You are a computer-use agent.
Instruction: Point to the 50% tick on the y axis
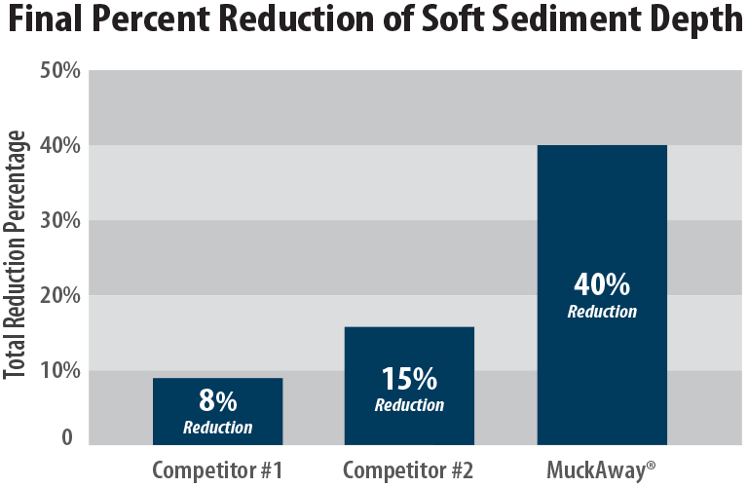tap(59, 71)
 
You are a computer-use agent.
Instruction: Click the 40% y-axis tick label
tap(59, 146)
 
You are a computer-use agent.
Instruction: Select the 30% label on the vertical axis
tap(59, 221)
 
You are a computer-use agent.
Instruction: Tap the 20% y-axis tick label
tap(59, 295)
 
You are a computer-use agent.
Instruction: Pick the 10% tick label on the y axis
tap(59, 370)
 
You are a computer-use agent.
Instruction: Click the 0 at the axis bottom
tap(67, 437)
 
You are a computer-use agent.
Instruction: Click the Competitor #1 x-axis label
tap(217, 470)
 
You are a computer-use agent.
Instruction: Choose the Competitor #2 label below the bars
tap(408, 470)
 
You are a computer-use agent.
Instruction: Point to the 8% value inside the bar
tap(217, 401)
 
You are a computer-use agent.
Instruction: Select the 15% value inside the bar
tap(409, 379)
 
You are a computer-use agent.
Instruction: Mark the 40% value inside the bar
tap(601, 286)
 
